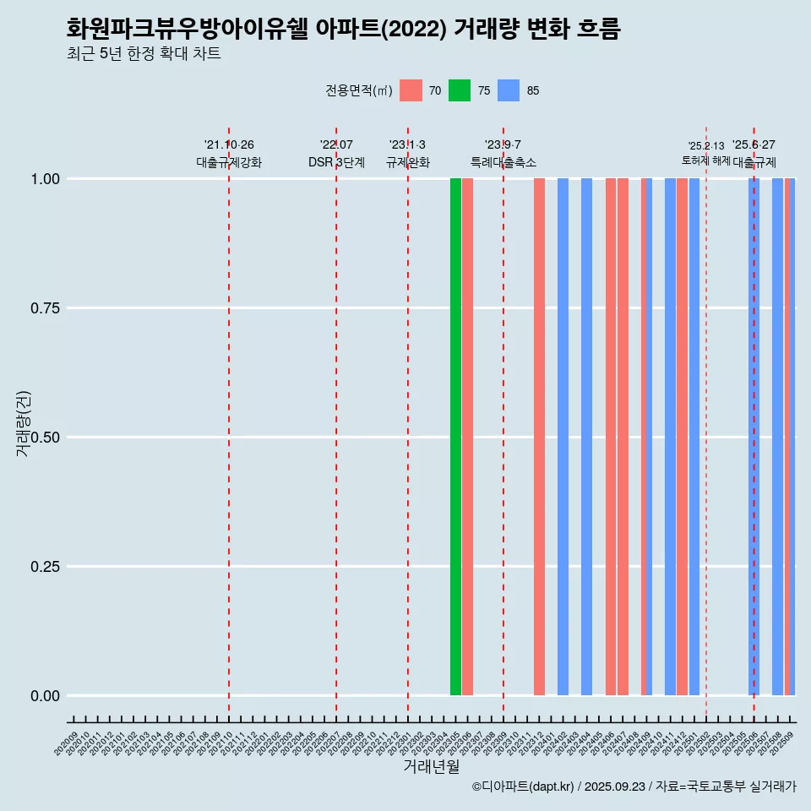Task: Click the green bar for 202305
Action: (x=455, y=437)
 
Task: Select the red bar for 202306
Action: (x=467, y=437)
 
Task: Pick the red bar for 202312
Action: (x=539, y=437)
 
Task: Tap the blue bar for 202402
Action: (x=563, y=437)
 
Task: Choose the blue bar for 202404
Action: (x=586, y=437)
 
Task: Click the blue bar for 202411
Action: (x=670, y=437)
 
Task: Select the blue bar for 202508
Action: (x=777, y=437)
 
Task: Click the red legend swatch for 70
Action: (x=411, y=90)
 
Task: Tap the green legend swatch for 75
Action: (x=460, y=90)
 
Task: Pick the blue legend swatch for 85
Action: (x=509, y=90)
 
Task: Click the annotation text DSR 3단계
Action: (x=336, y=163)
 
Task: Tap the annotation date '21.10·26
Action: (x=229, y=145)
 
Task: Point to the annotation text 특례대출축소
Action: (x=503, y=163)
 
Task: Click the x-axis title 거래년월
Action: (x=431, y=766)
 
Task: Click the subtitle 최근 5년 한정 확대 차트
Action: (x=144, y=54)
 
